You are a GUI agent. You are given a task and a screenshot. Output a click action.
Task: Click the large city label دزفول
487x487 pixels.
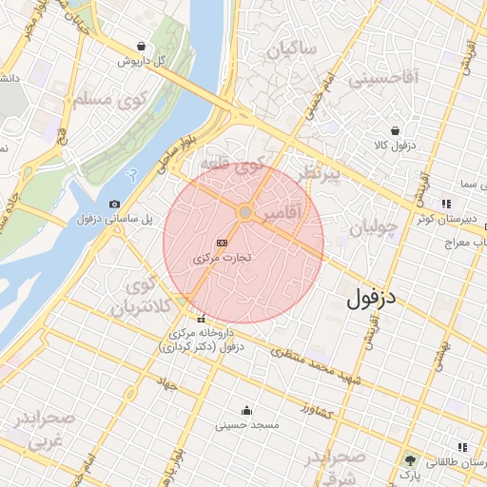click(377, 297)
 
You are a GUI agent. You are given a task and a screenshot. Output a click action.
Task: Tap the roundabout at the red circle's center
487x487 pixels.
click(244, 212)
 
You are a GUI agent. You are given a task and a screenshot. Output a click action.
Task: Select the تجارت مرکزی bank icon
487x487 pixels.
click(223, 243)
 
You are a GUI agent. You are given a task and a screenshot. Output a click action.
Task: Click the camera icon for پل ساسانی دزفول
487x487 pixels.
click(115, 204)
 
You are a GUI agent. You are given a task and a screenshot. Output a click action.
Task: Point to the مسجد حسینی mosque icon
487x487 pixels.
click(247, 410)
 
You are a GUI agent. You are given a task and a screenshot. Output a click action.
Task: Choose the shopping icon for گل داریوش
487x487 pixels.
click(142, 46)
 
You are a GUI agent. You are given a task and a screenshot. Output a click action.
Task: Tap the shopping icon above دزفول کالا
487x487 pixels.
click(395, 131)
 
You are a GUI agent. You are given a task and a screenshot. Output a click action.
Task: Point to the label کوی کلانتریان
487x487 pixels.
click(141, 297)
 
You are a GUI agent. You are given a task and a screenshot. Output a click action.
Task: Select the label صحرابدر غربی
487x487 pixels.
click(38, 430)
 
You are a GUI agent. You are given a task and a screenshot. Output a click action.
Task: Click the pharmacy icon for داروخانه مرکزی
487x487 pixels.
click(200, 319)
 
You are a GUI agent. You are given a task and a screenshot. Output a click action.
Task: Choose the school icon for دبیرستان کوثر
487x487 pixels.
click(445, 204)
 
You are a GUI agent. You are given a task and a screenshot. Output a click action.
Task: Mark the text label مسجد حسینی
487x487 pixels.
click(246, 425)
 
